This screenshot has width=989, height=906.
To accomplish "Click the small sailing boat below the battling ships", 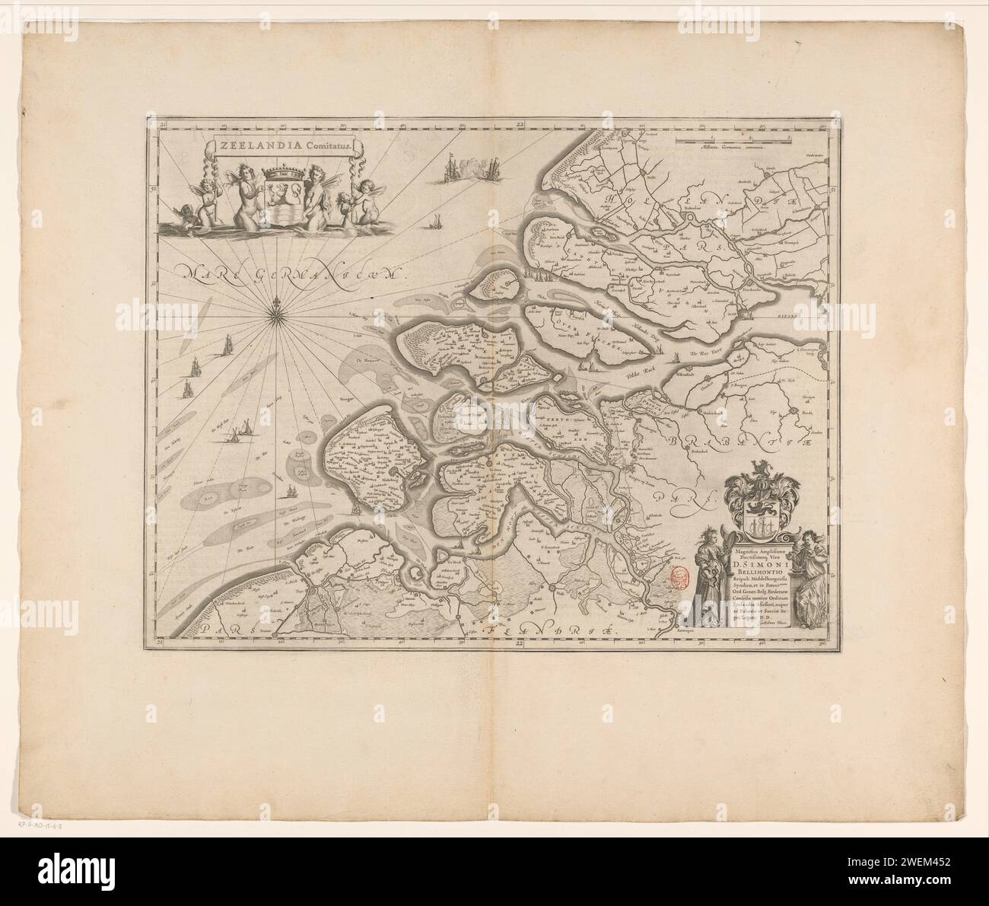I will (x=434, y=222).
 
